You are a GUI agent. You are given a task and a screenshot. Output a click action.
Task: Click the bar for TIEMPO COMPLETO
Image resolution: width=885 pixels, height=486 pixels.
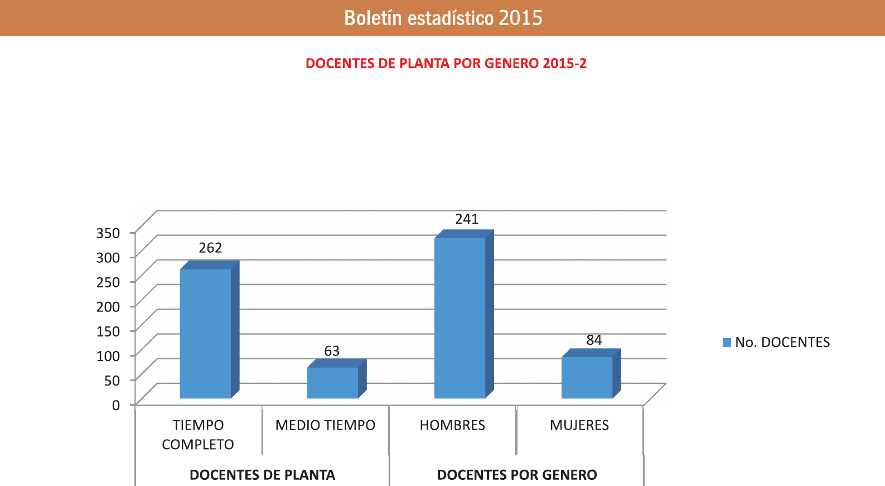[x=205, y=333]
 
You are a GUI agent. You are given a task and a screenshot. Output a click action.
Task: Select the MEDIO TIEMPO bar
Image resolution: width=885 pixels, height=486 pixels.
[x=332, y=382]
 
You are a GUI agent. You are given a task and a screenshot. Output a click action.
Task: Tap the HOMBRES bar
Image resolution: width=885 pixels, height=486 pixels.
[x=460, y=317]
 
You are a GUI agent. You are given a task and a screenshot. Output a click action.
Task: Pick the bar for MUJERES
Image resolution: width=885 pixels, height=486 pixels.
[x=587, y=377]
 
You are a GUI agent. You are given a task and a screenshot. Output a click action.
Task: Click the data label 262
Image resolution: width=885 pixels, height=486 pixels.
[x=210, y=248]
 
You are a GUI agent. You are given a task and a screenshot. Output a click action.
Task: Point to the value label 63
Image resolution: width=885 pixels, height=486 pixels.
[x=332, y=351]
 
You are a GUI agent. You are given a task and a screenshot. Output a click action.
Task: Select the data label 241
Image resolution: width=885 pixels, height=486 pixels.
[x=467, y=219]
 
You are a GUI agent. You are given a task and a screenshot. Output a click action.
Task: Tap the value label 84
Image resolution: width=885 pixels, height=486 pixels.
[x=594, y=340]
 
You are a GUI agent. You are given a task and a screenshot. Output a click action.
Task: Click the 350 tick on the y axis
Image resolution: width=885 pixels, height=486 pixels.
[x=108, y=233]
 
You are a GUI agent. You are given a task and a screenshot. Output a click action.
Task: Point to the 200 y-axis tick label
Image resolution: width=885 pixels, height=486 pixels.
[x=108, y=306]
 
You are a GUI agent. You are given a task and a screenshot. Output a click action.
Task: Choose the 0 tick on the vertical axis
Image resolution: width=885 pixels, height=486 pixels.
[x=116, y=405]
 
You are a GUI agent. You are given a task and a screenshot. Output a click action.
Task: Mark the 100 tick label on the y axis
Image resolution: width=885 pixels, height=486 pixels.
[x=108, y=355]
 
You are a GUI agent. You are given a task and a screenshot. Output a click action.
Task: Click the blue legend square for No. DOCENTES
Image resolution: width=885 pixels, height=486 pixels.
[x=727, y=343]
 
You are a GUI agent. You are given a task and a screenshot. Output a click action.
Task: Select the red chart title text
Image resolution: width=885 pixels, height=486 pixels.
[x=446, y=63]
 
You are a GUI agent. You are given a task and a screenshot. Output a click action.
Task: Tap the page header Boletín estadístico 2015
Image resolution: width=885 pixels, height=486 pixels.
[x=443, y=18]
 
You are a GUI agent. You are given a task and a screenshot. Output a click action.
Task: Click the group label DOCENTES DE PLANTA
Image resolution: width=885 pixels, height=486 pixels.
[x=262, y=475]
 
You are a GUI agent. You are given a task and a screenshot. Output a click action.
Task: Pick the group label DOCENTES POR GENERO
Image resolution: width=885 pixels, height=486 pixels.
[x=517, y=475]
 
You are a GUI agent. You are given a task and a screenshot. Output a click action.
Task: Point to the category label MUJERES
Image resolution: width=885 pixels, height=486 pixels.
[x=579, y=425]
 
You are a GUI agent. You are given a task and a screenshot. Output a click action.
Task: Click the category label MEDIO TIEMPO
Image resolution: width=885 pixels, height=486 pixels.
[x=325, y=425]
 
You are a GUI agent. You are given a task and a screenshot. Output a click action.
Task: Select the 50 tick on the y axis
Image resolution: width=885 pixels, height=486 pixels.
[x=112, y=380]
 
